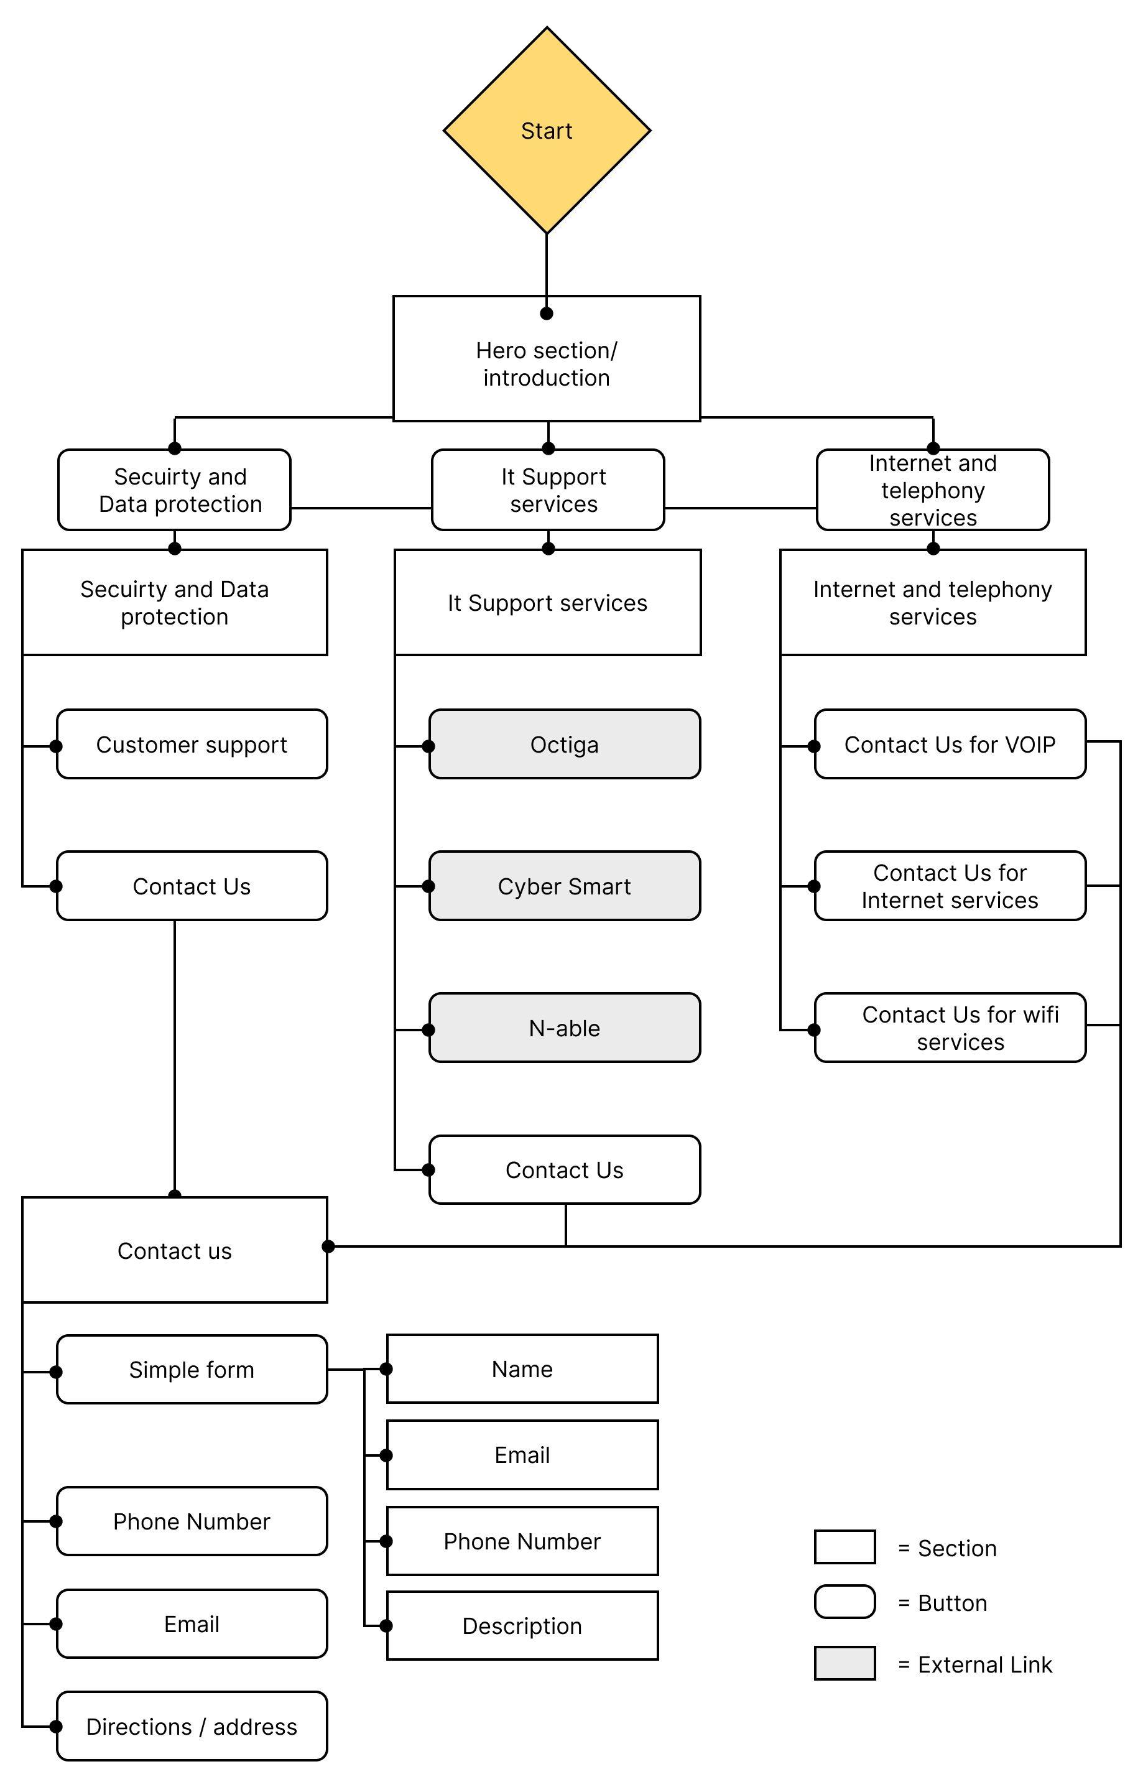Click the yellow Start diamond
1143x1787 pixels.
tap(547, 131)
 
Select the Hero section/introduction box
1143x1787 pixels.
tap(547, 360)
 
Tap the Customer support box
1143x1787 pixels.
tap(192, 744)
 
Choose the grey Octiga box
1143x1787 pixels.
tap(565, 744)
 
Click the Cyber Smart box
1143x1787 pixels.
tap(565, 886)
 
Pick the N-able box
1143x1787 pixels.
tap(565, 1028)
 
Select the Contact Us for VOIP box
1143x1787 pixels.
tap(950, 744)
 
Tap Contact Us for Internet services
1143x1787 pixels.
tap(950, 886)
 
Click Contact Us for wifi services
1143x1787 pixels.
tap(950, 1028)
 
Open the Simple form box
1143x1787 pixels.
tap(192, 1369)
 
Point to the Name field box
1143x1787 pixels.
tap(522, 1368)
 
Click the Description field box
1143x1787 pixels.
tap(522, 1625)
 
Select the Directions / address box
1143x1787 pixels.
tap(192, 1726)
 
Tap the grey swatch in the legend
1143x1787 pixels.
tap(845, 1663)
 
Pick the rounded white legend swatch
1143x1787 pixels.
tap(845, 1602)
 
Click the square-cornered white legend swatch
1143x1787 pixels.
tap(845, 1546)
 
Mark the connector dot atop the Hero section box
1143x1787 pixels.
tap(547, 313)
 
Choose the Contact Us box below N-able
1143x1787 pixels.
tap(565, 1169)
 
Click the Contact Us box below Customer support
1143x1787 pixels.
tap(192, 886)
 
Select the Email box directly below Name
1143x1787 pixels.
tap(522, 1454)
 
